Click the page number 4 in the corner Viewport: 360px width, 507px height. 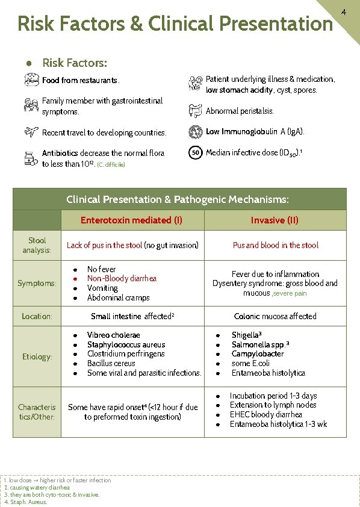(x=344, y=12)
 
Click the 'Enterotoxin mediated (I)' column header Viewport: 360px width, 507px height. (x=131, y=220)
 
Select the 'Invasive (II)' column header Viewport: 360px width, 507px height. (x=275, y=220)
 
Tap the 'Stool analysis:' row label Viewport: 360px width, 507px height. (x=37, y=245)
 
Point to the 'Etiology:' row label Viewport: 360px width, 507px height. (x=37, y=356)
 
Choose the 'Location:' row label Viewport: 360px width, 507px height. (x=37, y=316)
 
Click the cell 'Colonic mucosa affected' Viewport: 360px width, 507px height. (x=275, y=316)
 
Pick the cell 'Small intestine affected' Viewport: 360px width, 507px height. (x=131, y=316)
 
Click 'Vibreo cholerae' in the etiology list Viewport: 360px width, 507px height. (x=113, y=335)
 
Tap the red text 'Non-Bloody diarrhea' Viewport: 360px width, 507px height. (x=122, y=278)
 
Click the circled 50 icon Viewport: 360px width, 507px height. (x=195, y=153)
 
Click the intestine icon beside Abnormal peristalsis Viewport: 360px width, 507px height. (x=195, y=111)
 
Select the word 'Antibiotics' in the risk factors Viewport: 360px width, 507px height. (x=60, y=153)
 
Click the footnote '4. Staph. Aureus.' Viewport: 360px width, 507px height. (x=26, y=502)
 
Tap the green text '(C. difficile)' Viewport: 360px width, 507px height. (x=111, y=164)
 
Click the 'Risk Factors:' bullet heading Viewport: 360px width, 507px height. (x=75, y=63)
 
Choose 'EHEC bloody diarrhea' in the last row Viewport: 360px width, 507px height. (x=265, y=415)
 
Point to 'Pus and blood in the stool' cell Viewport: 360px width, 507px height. (x=275, y=245)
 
